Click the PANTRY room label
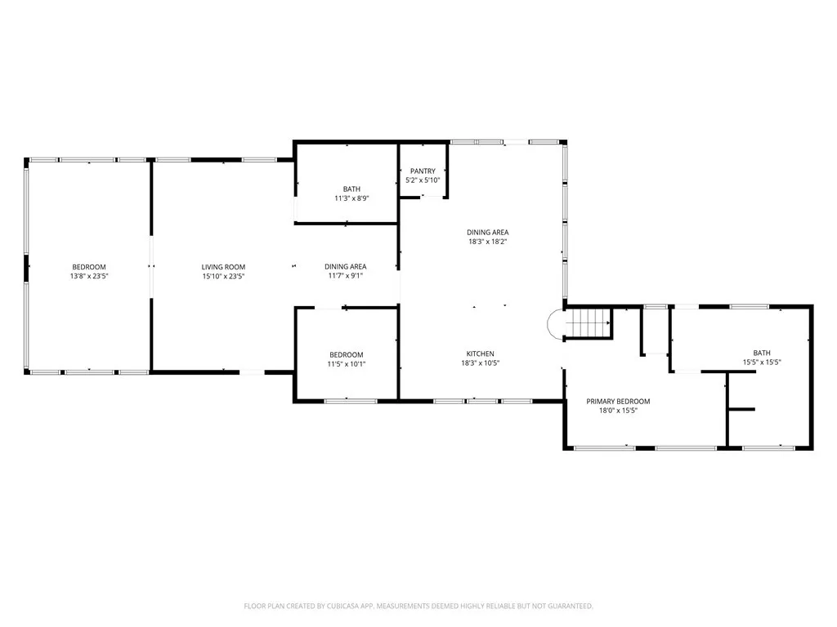(x=423, y=171)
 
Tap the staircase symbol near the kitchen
(x=589, y=323)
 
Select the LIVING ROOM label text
(x=223, y=267)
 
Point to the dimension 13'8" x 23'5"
(x=88, y=277)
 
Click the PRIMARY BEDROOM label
(x=618, y=401)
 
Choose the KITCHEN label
(x=480, y=354)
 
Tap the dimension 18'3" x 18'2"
(x=488, y=242)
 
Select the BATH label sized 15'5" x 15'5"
(x=762, y=352)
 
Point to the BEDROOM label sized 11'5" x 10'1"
(x=345, y=354)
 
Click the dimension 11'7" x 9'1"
(x=345, y=277)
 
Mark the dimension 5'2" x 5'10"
(x=423, y=180)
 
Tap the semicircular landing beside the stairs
(x=555, y=324)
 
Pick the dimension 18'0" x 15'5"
(x=618, y=411)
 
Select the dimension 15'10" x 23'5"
(x=223, y=277)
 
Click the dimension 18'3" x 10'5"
(x=480, y=363)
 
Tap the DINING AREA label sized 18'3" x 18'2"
(x=488, y=232)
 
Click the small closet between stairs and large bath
(x=656, y=331)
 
